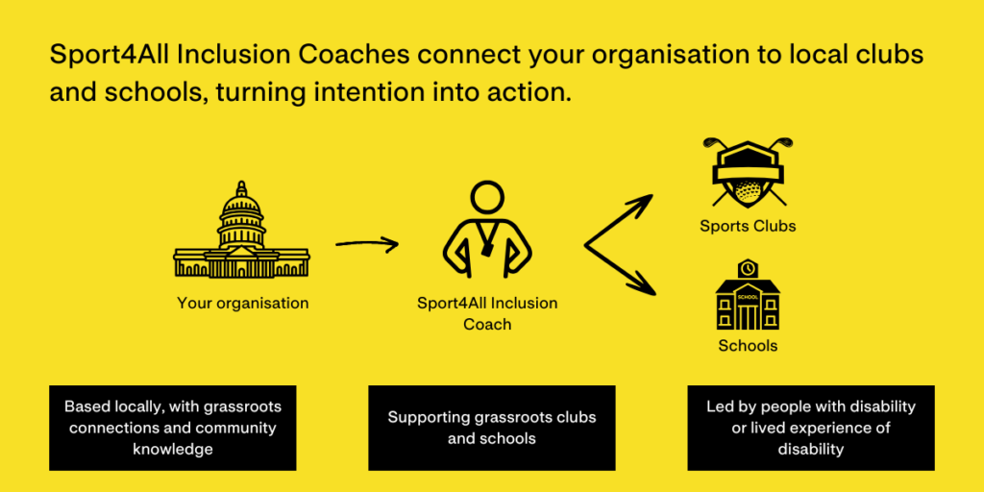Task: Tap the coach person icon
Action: click(487, 230)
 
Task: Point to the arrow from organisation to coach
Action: click(367, 243)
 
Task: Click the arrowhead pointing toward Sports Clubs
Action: click(640, 204)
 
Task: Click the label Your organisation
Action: click(242, 303)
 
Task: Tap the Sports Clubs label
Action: click(748, 226)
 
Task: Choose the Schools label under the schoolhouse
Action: click(748, 346)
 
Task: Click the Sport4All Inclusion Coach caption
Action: click(487, 314)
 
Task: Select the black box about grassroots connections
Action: click(173, 428)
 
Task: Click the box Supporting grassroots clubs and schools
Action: click(491, 428)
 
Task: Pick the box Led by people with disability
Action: click(811, 428)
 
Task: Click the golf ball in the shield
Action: click(748, 190)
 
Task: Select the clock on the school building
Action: click(748, 268)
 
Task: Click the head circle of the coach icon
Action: click(487, 199)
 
